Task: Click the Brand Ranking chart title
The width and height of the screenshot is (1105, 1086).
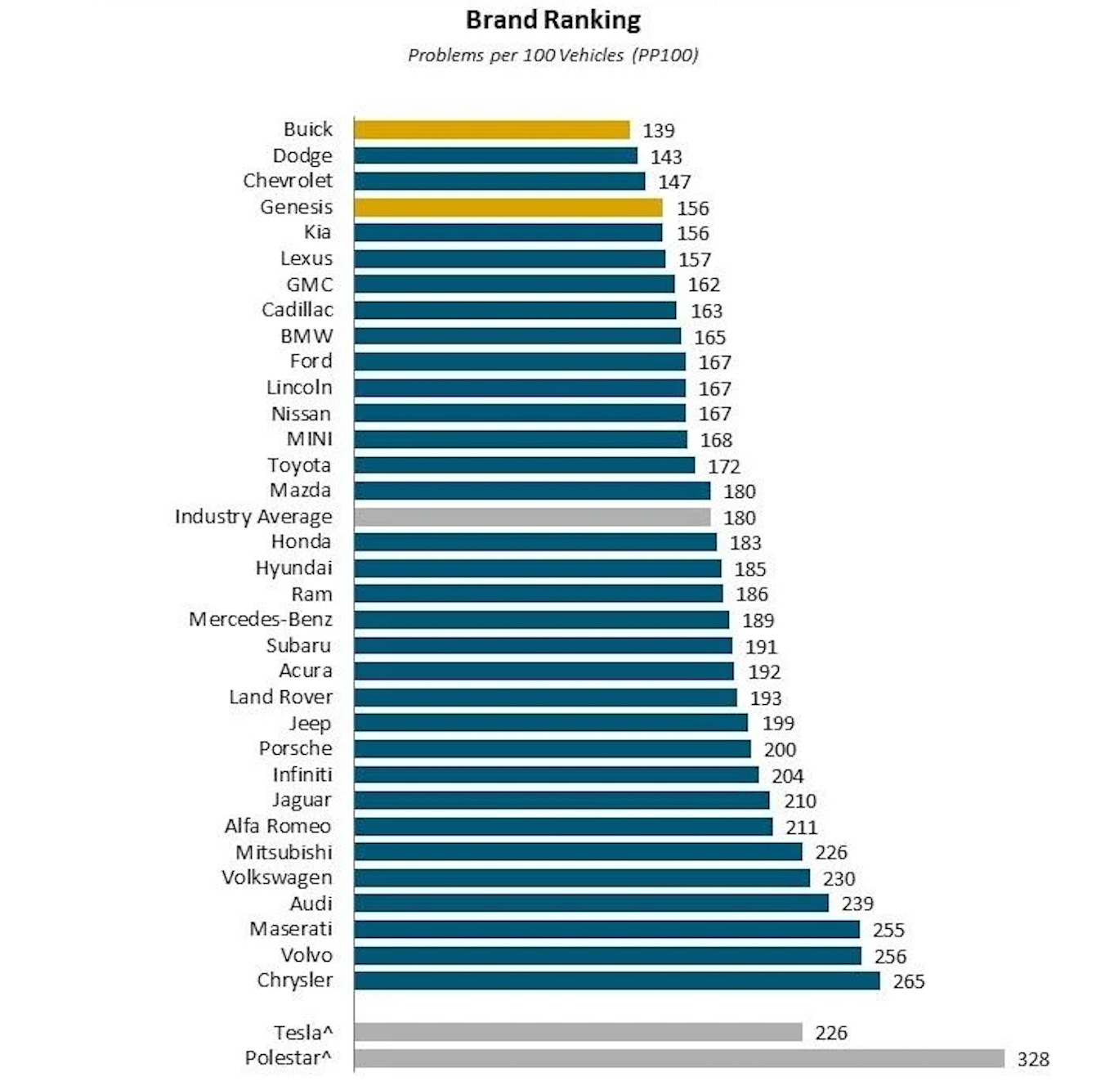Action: tap(552, 20)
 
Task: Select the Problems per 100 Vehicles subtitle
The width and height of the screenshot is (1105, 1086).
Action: tap(552, 55)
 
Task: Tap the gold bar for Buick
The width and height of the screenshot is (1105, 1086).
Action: tap(491, 130)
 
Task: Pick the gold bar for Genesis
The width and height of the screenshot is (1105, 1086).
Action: tap(508, 208)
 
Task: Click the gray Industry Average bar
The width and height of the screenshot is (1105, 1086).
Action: tap(532, 517)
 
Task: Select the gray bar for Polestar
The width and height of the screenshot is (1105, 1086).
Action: tap(678, 1058)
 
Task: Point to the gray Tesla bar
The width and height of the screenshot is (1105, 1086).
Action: tap(578, 1032)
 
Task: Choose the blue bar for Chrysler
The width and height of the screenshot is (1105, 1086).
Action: tap(616, 981)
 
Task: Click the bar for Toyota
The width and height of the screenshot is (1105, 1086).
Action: tap(524, 465)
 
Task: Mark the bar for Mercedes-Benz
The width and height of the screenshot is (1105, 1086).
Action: tap(541, 620)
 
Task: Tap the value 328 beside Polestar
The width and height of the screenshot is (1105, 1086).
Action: tap(1033, 1059)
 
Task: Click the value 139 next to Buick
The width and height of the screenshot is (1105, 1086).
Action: tap(658, 131)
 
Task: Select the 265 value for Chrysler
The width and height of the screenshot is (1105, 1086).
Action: tap(909, 981)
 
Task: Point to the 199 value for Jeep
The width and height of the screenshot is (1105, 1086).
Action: tap(778, 723)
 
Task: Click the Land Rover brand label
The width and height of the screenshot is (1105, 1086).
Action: tap(280, 697)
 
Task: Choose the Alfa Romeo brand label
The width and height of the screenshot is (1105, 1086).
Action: tap(278, 826)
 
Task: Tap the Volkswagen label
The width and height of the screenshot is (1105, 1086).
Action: tap(277, 877)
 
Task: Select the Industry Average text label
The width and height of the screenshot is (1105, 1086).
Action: tap(253, 517)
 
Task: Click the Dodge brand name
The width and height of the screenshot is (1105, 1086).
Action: tap(302, 155)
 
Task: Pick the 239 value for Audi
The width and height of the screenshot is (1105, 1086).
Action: tap(857, 904)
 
